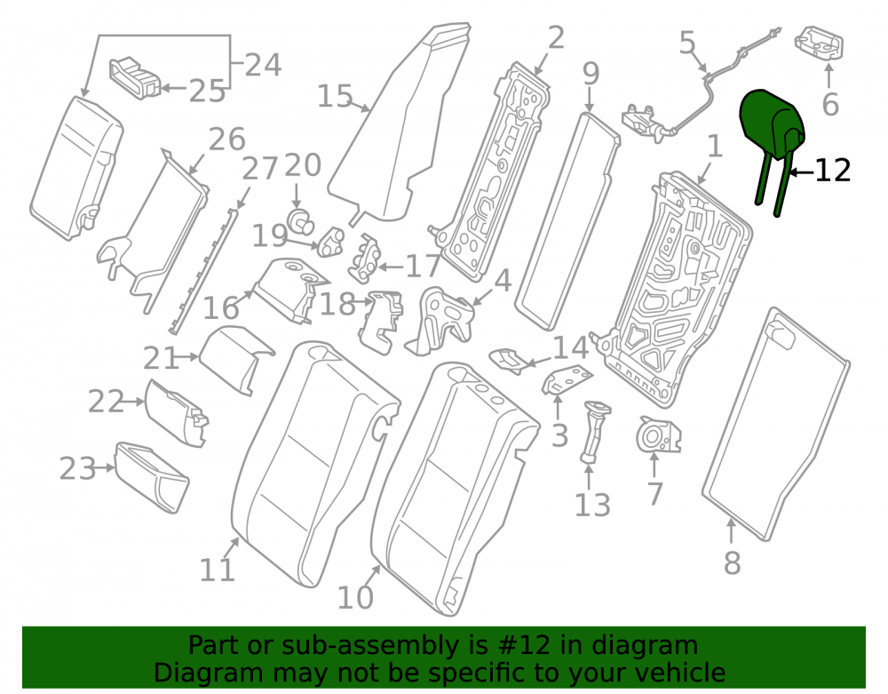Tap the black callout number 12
[833, 171]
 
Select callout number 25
[207, 91]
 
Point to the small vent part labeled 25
[135, 77]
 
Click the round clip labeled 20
[300, 221]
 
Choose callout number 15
[336, 96]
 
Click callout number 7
[654, 494]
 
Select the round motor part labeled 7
[658, 435]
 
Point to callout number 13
[592, 505]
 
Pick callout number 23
[78, 469]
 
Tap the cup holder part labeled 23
[152, 477]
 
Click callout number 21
[161, 358]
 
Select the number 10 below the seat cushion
[355, 597]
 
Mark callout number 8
[733, 563]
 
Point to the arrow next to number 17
[391, 267]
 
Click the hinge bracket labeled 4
[441, 321]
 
